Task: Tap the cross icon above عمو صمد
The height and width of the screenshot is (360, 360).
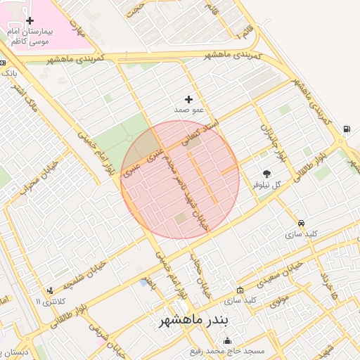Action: coord(188,99)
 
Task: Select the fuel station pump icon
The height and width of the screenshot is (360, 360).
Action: coord(347,129)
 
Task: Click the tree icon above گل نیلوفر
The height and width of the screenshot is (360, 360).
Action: coord(267,173)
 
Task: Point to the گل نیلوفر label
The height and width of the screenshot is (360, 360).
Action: coord(267,184)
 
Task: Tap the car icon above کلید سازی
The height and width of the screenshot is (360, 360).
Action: coord(302,222)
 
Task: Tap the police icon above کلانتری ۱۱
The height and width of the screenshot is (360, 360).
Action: coord(49,290)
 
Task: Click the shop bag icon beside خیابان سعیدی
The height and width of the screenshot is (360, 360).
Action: coord(240,290)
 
